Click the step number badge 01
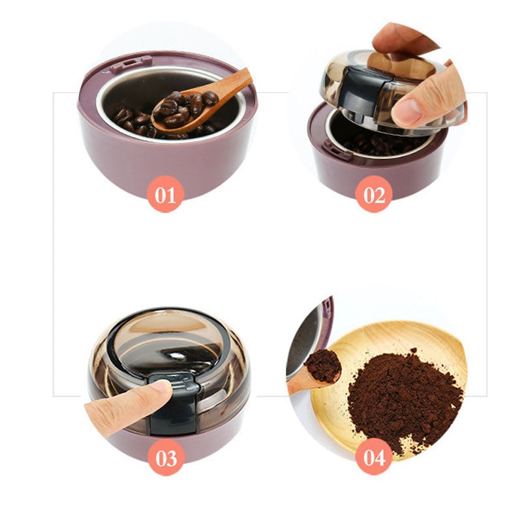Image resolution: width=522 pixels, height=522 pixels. click(165, 194)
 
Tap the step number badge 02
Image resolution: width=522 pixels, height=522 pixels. click(374, 194)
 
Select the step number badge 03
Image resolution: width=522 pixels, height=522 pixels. click(166, 457)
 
